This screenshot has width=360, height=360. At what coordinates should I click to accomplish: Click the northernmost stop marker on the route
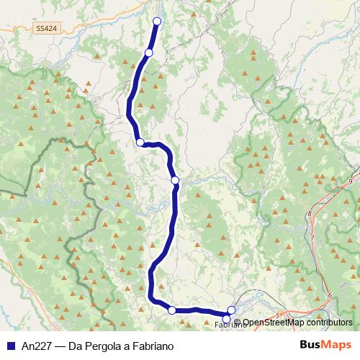[x=156, y=20]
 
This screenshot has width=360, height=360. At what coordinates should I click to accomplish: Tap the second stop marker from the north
[x=148, y=53]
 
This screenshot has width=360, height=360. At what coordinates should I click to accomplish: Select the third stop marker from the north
[x=140, y=143]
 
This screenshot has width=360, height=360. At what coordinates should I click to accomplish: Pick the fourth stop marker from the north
[x=175, y=180]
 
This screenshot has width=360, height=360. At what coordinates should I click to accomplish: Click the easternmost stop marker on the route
[x=231, y=310]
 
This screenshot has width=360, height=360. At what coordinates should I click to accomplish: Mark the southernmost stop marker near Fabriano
[x=227, y=319]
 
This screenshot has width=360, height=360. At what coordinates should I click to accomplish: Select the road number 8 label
[x=310, y=214]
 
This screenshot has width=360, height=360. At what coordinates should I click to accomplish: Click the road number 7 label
[x=313, y=237]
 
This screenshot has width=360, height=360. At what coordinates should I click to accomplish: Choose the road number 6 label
[x=328, y=295]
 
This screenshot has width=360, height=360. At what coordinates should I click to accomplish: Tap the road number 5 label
[x=277, y=315]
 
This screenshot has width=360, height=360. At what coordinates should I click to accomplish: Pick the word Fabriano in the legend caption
[x=153, y=346]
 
